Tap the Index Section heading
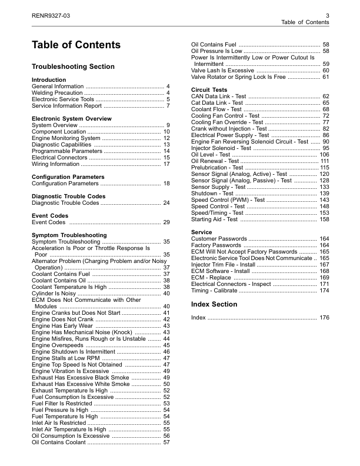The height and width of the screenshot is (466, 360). click(x=214, y=304)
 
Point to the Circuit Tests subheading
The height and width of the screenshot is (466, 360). click(x=209, y=89)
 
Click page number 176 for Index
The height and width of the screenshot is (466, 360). click(x=324, y=318)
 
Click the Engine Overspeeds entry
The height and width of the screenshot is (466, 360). click(x=58, y=345)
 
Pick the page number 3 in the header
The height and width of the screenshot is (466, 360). click(x=326, y=14)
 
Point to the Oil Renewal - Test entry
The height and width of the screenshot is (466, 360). click(x=215, y=161)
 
